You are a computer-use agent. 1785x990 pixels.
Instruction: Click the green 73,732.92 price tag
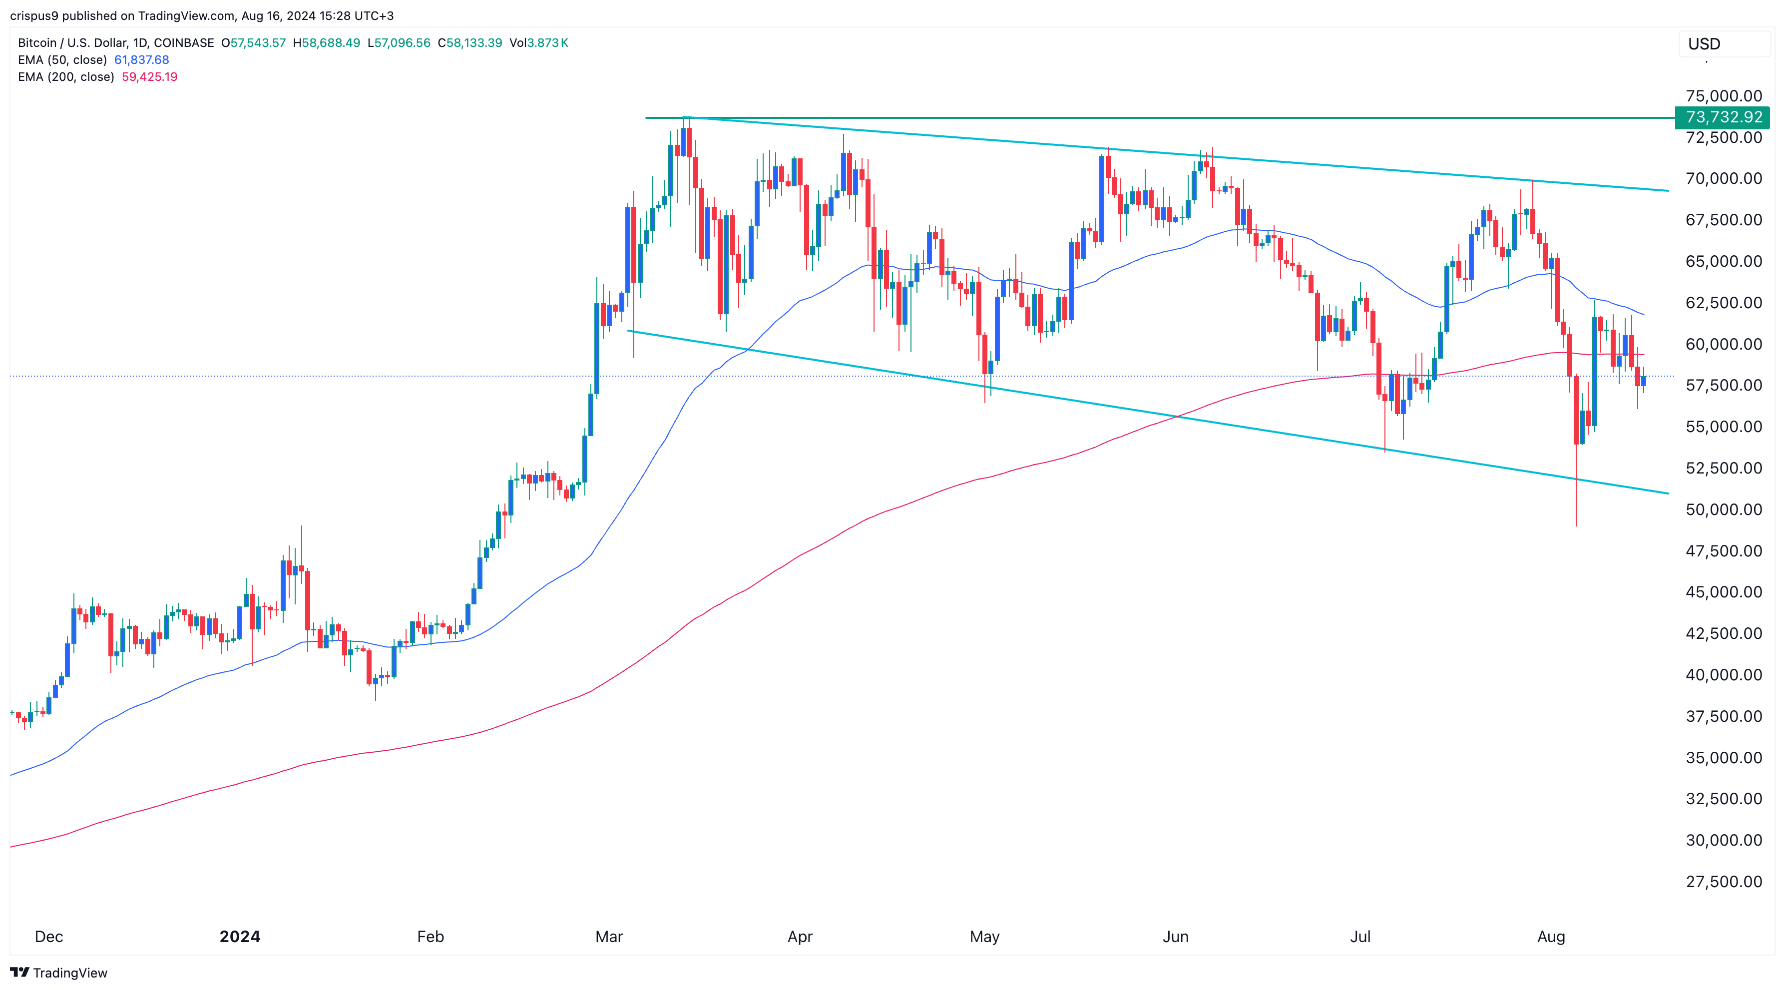point(1723,117)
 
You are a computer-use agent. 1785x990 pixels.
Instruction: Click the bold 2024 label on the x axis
point(240,937)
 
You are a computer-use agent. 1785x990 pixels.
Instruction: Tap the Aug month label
point(1551,937)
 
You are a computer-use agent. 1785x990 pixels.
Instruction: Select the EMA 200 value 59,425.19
point(150,77)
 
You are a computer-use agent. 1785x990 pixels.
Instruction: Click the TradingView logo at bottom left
point(59,973)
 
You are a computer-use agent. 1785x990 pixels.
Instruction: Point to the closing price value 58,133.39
point(474,43)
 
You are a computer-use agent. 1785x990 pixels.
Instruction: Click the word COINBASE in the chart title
point(184,43)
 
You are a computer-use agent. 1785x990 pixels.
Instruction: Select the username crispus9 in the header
point(34,16)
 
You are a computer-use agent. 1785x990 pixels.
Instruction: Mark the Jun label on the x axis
point(1175,937)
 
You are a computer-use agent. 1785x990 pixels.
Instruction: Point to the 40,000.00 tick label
point(1724,675)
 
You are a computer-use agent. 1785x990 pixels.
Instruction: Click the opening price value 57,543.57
point(257,43)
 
